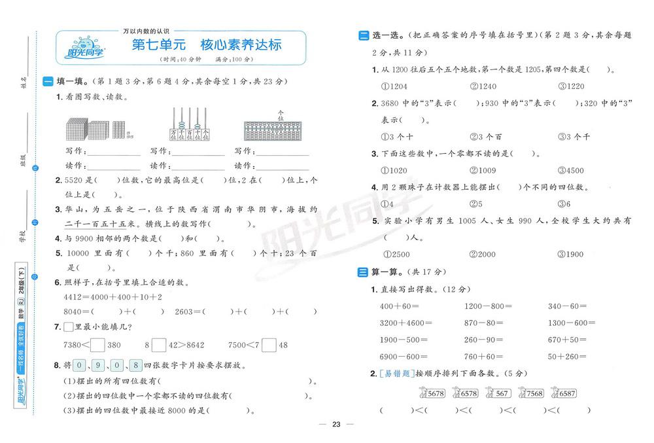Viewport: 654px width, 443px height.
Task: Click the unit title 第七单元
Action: [x=159, y=45]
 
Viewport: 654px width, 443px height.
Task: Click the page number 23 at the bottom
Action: [x=336, y=425]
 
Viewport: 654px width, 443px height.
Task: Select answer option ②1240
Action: [x=483, y=86]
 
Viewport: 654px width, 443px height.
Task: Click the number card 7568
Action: [x=530, y=393]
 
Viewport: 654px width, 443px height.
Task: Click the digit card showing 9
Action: [x=97, y=366]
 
